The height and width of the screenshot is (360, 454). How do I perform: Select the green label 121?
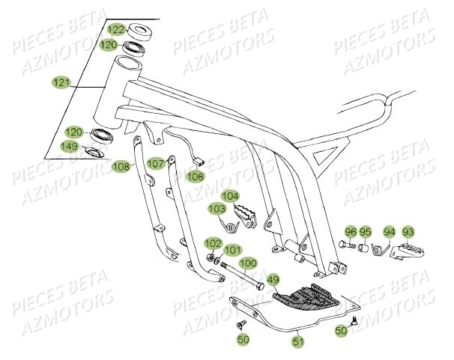coord(61,79)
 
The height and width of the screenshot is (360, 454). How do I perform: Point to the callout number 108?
coord(121,166)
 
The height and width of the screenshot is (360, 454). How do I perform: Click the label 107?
coord(155,162)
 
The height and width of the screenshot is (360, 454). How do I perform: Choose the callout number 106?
coord(196,177)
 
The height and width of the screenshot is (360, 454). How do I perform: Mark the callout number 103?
coord(217,208)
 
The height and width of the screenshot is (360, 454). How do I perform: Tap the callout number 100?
coord(247,263)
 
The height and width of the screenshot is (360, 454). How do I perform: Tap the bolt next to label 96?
coord(348,245)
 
